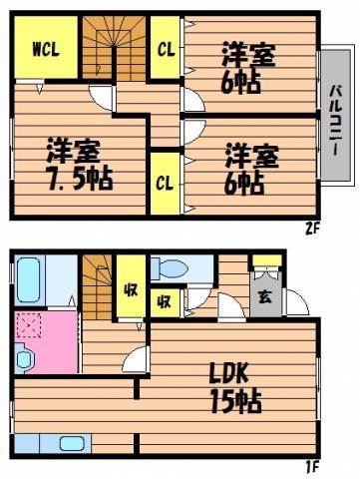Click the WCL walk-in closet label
[46, 50]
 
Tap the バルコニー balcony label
[335, 121]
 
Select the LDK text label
[229, 373]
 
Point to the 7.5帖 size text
[81, 180]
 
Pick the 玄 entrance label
[264, 297]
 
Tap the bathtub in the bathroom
[29, 280]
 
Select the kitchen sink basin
[71, 443]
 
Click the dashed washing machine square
[29, 325]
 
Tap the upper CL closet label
[166, 50]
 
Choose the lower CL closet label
[166, 184]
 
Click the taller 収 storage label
[131, 290]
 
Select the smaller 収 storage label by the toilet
[165, 302]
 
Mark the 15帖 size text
[236, 402]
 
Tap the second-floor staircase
[114, 47]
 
